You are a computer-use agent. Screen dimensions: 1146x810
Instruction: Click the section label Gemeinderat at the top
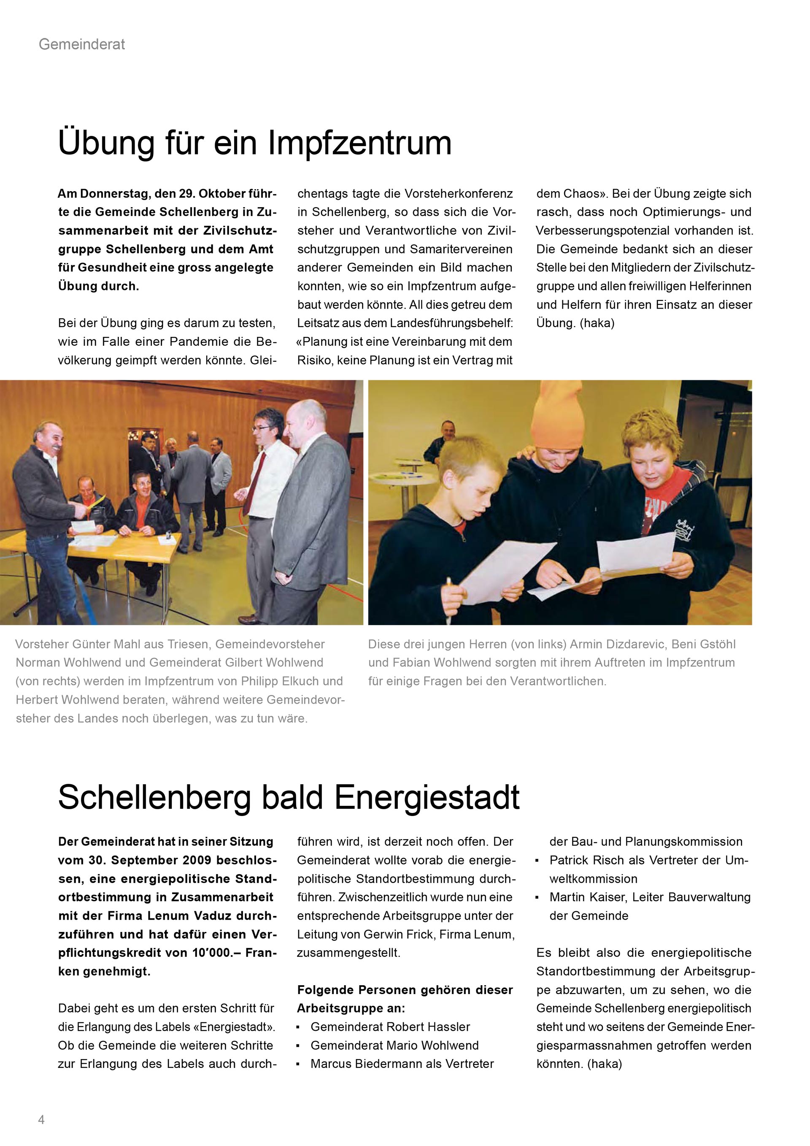click(82, 44)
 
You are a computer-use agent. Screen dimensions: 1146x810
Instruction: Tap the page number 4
click(41, 1119)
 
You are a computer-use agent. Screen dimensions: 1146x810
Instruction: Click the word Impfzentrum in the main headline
click(359, 143)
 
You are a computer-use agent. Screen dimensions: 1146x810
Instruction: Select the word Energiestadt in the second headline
click(427, 798)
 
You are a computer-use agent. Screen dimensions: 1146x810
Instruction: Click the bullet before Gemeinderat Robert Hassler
click(298, 1028)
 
